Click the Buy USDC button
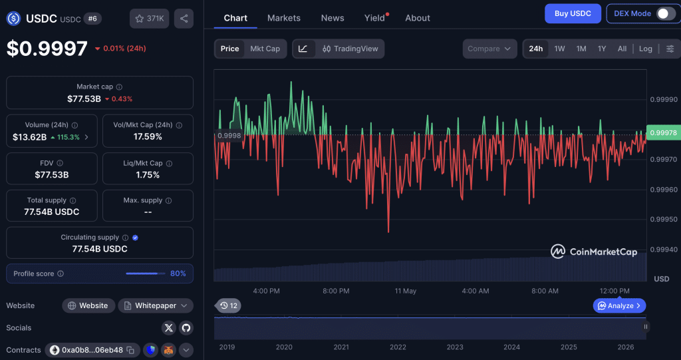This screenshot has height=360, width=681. [x=573, y=13]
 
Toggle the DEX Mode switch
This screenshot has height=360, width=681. [x=666, y=13]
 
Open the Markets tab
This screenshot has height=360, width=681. [x=283, y=18]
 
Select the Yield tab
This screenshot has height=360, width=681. [x=374, y=18]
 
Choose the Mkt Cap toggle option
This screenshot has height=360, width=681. [x=265, y=49]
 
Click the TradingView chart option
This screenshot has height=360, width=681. [x=350, y=49]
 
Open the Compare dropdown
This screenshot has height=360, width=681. [x=489, y=49]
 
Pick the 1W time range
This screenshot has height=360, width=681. [x=559, y=49]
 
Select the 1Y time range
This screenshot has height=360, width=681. [x=601, y=49]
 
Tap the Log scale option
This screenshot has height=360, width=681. [x=645, y=49]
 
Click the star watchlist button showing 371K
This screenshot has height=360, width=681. [x=149, y=19]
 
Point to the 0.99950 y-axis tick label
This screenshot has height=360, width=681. [x=664, y=219]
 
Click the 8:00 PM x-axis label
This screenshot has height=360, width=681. [x=336, y=291]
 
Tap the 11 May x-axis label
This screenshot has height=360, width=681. [x=405, y=291]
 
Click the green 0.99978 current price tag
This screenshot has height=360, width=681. [x=663, y=132]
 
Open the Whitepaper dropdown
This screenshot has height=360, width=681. [x=156, y=305]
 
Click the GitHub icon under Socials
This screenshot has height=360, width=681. [x=186, y=328]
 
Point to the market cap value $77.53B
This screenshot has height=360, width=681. [x=84, y=98]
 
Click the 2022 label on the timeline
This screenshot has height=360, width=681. [x=398, y=347]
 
